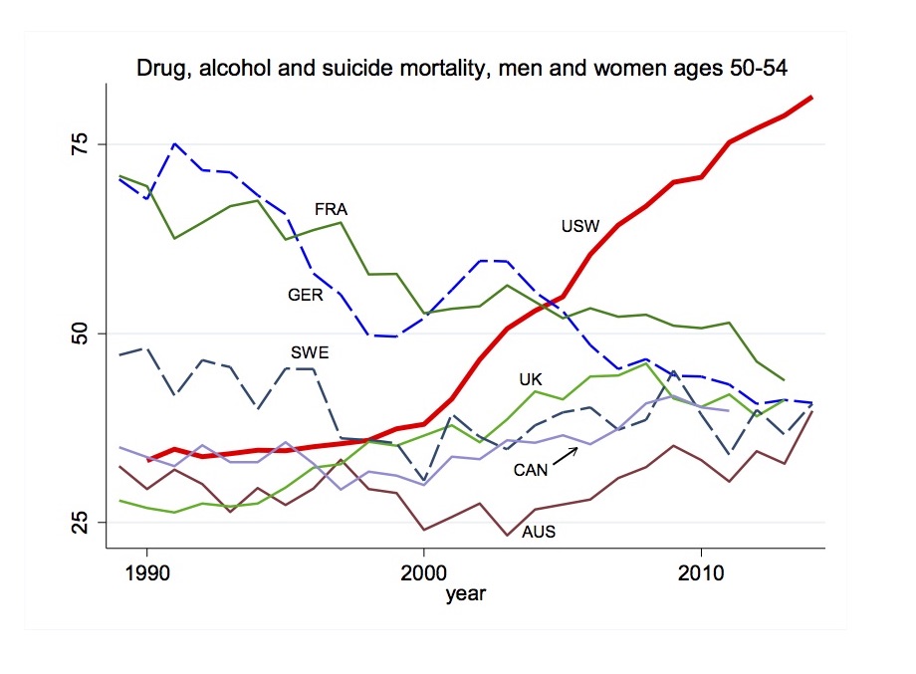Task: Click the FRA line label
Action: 331,210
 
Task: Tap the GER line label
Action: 305,296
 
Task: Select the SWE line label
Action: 310,352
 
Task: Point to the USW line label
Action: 580,227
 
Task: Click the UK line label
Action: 530,379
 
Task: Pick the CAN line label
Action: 531,470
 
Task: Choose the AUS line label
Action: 539,532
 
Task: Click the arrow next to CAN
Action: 567,455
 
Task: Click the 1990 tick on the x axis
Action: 147,576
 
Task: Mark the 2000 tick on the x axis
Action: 424,576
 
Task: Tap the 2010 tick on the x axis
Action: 701,576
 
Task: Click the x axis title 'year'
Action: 465,595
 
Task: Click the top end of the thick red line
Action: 812,97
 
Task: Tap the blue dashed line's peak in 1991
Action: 175,143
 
